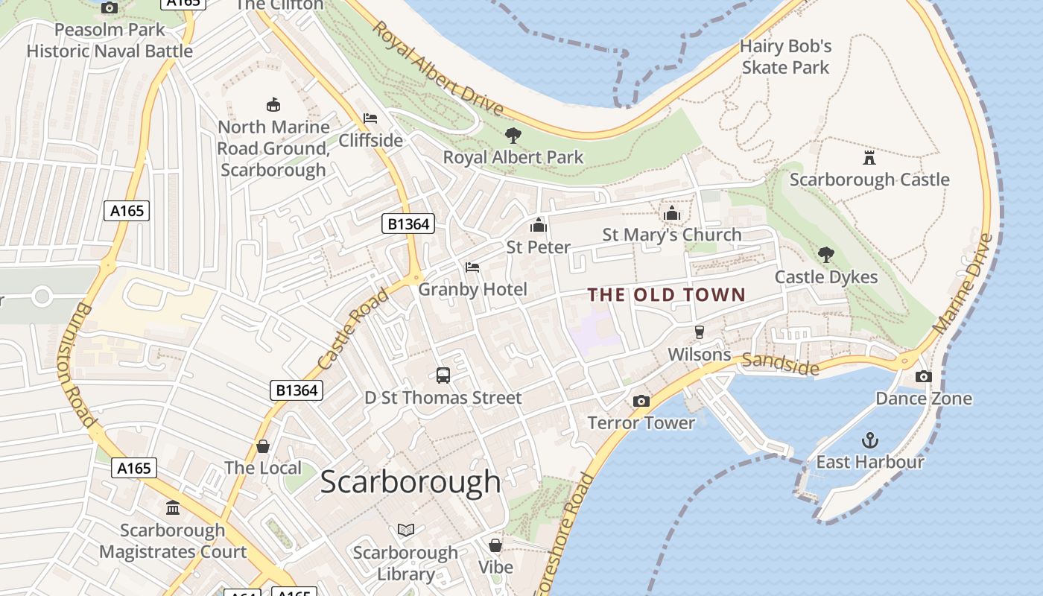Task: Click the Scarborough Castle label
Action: (x=869, y=180)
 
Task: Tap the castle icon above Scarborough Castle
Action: (x=869, y=157)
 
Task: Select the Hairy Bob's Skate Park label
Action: (x=785, y=57)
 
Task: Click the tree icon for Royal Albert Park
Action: (x=513, y=136)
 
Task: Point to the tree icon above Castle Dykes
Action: (x=825, y=255)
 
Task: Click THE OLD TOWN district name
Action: (x=666, y=294)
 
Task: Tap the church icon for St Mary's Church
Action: (x=672, y=214)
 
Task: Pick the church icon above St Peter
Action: (x=538, y=225)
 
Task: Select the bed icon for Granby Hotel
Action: (x=472, y=267)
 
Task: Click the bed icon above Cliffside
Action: (x=370, y=118)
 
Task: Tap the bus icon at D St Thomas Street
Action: (x=443, y=375)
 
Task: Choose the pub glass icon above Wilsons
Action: (x=699, y=332)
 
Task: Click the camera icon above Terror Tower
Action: (x=641, y=401)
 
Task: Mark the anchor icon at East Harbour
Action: (x=869, y=440)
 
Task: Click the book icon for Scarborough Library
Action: (x=405, y=530)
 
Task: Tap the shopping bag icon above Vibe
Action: (x=495, y=545)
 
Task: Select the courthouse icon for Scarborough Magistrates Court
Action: (x=173, y=508)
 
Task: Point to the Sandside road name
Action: (x=780, y=364)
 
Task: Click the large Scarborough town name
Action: (x=410, y=482)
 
